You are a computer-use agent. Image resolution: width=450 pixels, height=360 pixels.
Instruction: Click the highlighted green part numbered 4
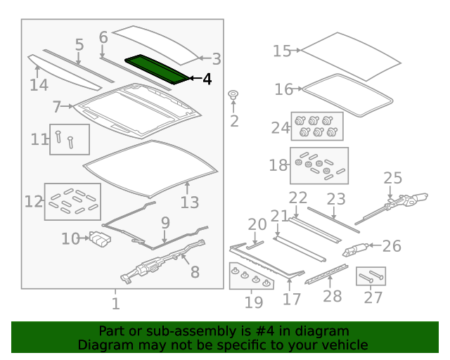point(157,69)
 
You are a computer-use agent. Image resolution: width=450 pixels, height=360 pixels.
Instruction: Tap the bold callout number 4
point(207,79)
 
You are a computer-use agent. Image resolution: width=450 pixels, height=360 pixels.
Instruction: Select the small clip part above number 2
point(233,95)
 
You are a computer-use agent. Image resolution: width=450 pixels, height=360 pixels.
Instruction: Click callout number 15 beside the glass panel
point(282,51)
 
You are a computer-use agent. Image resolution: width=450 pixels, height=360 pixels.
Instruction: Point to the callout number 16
point(283,89)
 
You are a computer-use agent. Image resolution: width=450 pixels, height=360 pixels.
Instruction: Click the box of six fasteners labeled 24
point(317,127)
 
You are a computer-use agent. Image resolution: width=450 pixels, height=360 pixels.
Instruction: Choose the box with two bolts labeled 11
point(70,139)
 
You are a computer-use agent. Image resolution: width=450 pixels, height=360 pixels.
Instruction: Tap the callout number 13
point(190,202)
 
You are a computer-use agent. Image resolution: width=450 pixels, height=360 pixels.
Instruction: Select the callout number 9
point(165,223)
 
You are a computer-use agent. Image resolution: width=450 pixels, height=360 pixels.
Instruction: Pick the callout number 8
point(195,272)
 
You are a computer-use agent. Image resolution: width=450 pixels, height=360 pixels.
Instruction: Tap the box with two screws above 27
point(371,276)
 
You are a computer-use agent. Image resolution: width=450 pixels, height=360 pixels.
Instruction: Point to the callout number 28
point(333,296)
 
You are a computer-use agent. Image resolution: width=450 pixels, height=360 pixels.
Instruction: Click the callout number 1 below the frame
point(115,304)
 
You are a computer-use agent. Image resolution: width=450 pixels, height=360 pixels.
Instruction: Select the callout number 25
point(393,178)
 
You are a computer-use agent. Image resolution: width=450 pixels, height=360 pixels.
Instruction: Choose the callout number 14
point(39,85)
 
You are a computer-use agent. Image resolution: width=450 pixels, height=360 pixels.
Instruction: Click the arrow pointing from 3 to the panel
point(205,58)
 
